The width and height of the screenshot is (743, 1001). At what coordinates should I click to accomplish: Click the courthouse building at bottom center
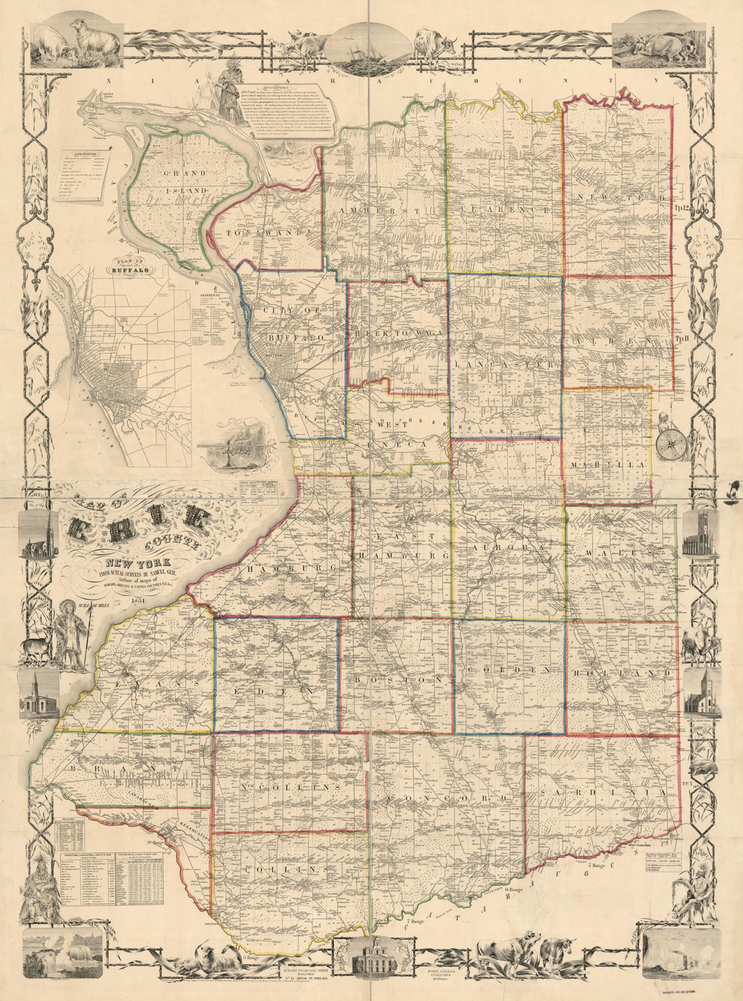coord(371,957)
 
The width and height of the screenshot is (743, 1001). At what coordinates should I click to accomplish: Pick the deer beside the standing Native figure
coord(36,648)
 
